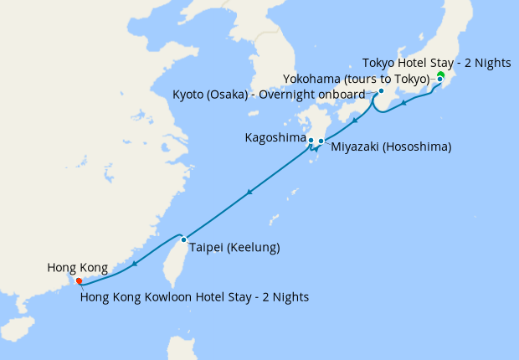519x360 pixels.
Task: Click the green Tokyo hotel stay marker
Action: [x=440, y=76]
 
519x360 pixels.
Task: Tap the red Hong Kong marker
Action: [x=79, y=281]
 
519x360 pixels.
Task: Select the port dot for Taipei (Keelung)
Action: [x=184, y=239]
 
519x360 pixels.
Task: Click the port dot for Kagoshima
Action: [x=311, y=140]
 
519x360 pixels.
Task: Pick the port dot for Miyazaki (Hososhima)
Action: [x=321, y=141]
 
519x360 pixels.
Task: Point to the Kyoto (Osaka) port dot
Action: [x=381, y=91]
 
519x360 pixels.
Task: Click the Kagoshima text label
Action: [x=275, y=136]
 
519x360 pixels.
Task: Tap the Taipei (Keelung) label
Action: [x=234, y=248]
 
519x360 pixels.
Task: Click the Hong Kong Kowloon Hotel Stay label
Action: [x=194, y=296]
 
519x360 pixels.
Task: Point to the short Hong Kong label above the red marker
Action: [x=77, y=268]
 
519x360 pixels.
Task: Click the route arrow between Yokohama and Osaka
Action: [x=405, y=104]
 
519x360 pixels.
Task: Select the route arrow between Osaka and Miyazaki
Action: [x=355, y=121]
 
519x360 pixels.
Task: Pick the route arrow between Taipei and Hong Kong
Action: [x=134, y=262]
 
